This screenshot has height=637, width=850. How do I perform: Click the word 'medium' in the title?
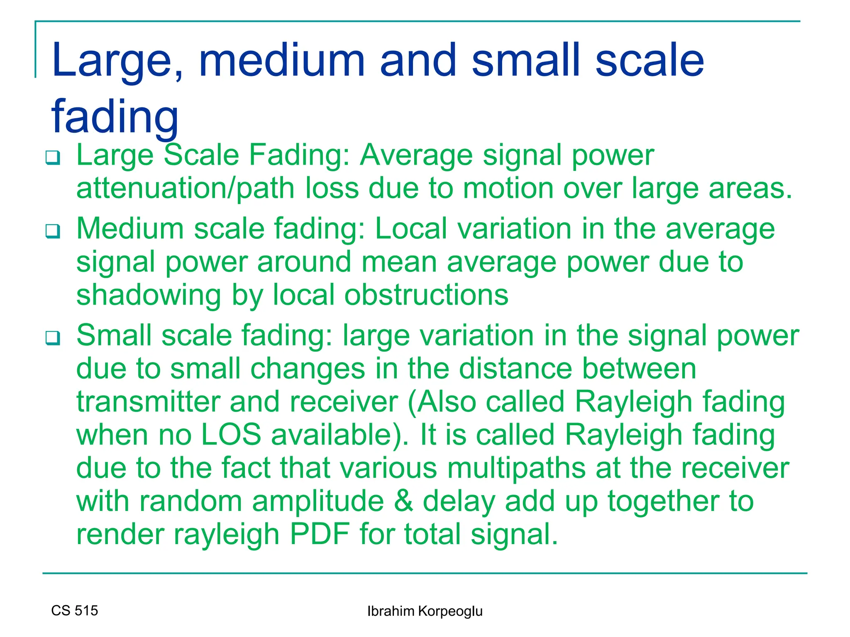tap(282, 61)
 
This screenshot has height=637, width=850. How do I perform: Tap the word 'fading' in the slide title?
tap(115, 117)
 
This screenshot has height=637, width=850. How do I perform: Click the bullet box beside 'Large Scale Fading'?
tap(53, 158)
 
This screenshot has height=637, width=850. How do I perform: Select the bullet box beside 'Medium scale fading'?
tap(53, 231)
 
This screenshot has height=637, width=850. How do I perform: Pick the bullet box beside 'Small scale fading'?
tap(53, 338)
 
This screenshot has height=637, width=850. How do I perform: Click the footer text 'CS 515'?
tap(75, 610)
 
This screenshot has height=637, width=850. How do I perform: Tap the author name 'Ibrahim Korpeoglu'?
tap(425, 611)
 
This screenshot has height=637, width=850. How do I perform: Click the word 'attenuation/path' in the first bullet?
tap(186, 188)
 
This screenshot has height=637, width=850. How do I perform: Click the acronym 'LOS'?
tap(231, 435)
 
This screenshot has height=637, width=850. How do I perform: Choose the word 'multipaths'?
tap(516, 468)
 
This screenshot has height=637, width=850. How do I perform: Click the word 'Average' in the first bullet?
tap(416, 156)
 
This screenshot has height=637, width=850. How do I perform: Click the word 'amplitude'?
tap(318, 501)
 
